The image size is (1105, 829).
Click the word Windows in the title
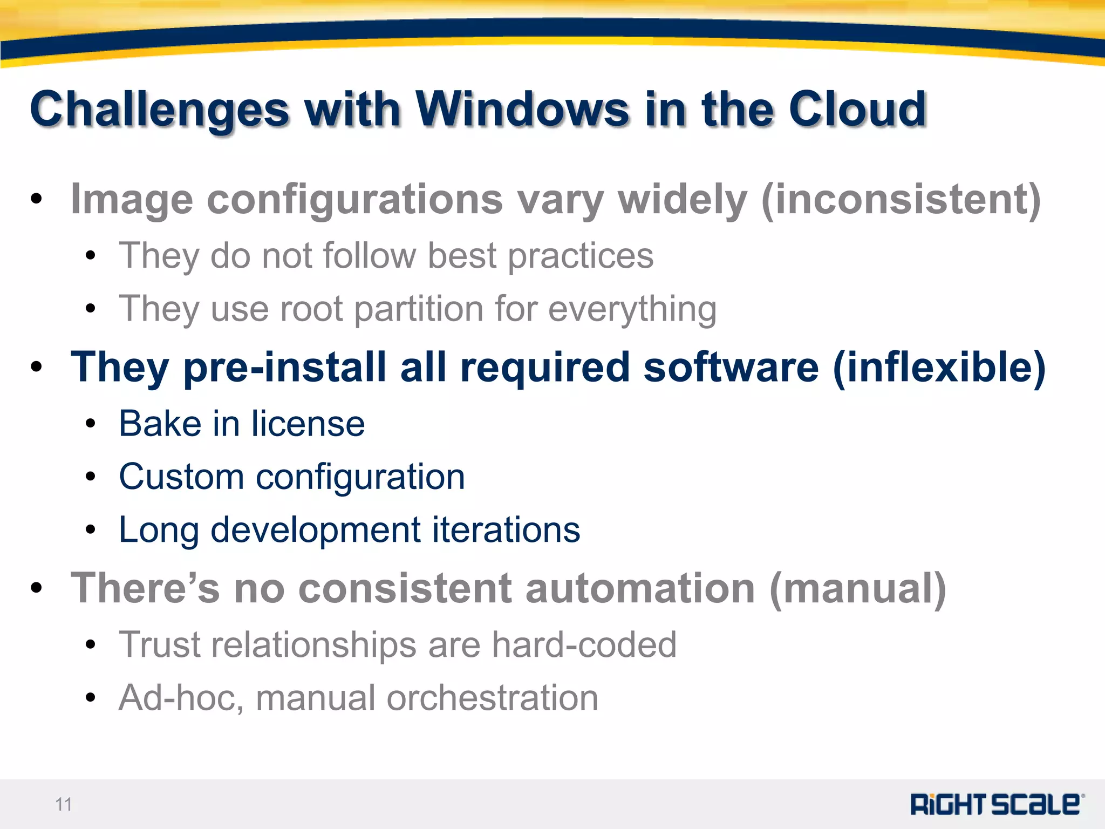point(522,109)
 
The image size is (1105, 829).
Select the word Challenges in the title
point(160,110)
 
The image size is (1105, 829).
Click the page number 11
point(64,804)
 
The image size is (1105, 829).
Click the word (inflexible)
point(939,367)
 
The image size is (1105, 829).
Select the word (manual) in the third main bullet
point(858,588)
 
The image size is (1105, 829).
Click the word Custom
point(181,477)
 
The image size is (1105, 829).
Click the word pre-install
point(285,367)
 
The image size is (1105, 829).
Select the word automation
point(640,588)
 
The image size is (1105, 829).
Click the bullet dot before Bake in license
point(90,424)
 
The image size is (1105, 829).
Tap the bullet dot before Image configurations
point(36,199)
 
